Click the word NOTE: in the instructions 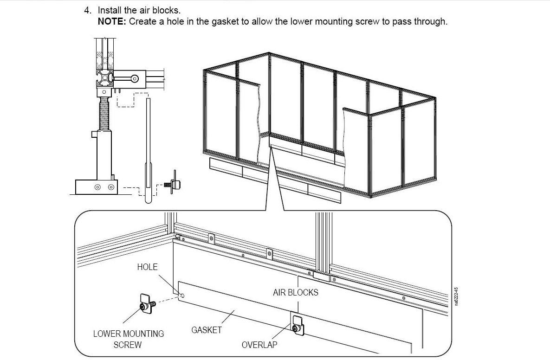coord(112,21)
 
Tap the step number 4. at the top coord(88,10)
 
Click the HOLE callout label coord(147,267)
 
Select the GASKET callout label coord(206,330)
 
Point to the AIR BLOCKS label coord(296,292)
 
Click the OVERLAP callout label coord(259,345)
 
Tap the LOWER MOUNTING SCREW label coord(129,339)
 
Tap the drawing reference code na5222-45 coord(456,296)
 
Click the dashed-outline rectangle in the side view coord(132,100)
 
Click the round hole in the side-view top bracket coord(134,78)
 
